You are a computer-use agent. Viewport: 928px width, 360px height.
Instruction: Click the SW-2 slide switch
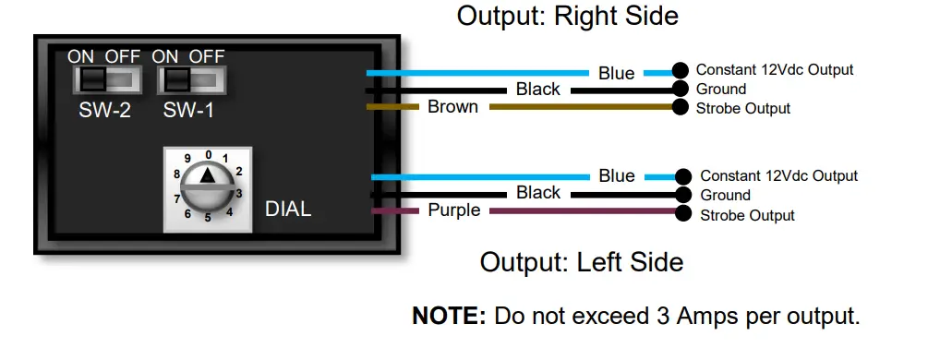pyautogui.click(x=107, y=80)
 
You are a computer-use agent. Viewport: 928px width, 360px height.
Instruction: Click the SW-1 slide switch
pyautogui.click(x=192, y=80)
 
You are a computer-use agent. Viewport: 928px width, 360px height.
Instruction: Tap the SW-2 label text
pyautogui.click(x=106, y=111)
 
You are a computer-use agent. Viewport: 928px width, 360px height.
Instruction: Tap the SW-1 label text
pyautogui.click(x=191, y=111)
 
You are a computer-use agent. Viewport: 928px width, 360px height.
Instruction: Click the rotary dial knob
pyautogui.click(x=208, y=185)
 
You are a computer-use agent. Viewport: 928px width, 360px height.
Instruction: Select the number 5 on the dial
pyautogui.click(x=208, y=218)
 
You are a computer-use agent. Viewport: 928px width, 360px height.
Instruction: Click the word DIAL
pyautogui.click(x=287, y=210)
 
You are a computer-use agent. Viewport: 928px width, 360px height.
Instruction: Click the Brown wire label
pyautogui.click(x=452, y=107)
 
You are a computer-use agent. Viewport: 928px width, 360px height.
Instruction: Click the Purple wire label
pyautogui.click(x=453, y=210)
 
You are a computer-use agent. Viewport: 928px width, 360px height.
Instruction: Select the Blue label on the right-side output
pyautogui.click(x=616, y=73)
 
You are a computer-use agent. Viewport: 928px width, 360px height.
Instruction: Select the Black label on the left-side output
pyautogui.click(x=538, y=193)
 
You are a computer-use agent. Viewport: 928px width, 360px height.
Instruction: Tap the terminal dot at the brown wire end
pyautogui.click(x=681, y=108)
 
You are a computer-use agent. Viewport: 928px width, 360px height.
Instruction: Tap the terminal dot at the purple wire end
pyautogui.click(x=684, y=214)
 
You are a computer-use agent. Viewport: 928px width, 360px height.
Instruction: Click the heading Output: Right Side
pyautogui.click(x=568, y=16)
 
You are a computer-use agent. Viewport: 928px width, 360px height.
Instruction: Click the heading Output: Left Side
pyautogui.click(x=582, y=262)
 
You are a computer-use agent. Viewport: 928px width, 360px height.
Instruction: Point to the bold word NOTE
pyautogui.click(x=448, y=316)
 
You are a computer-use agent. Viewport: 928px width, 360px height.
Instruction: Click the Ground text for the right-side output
pyautogui.click(x=721, y=90)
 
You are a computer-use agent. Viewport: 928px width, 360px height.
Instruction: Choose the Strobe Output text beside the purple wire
pyautogui.click(x=748, y=215)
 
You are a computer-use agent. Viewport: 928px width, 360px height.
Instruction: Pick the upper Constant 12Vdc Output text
pyautogui.click(x=774, y=69)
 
